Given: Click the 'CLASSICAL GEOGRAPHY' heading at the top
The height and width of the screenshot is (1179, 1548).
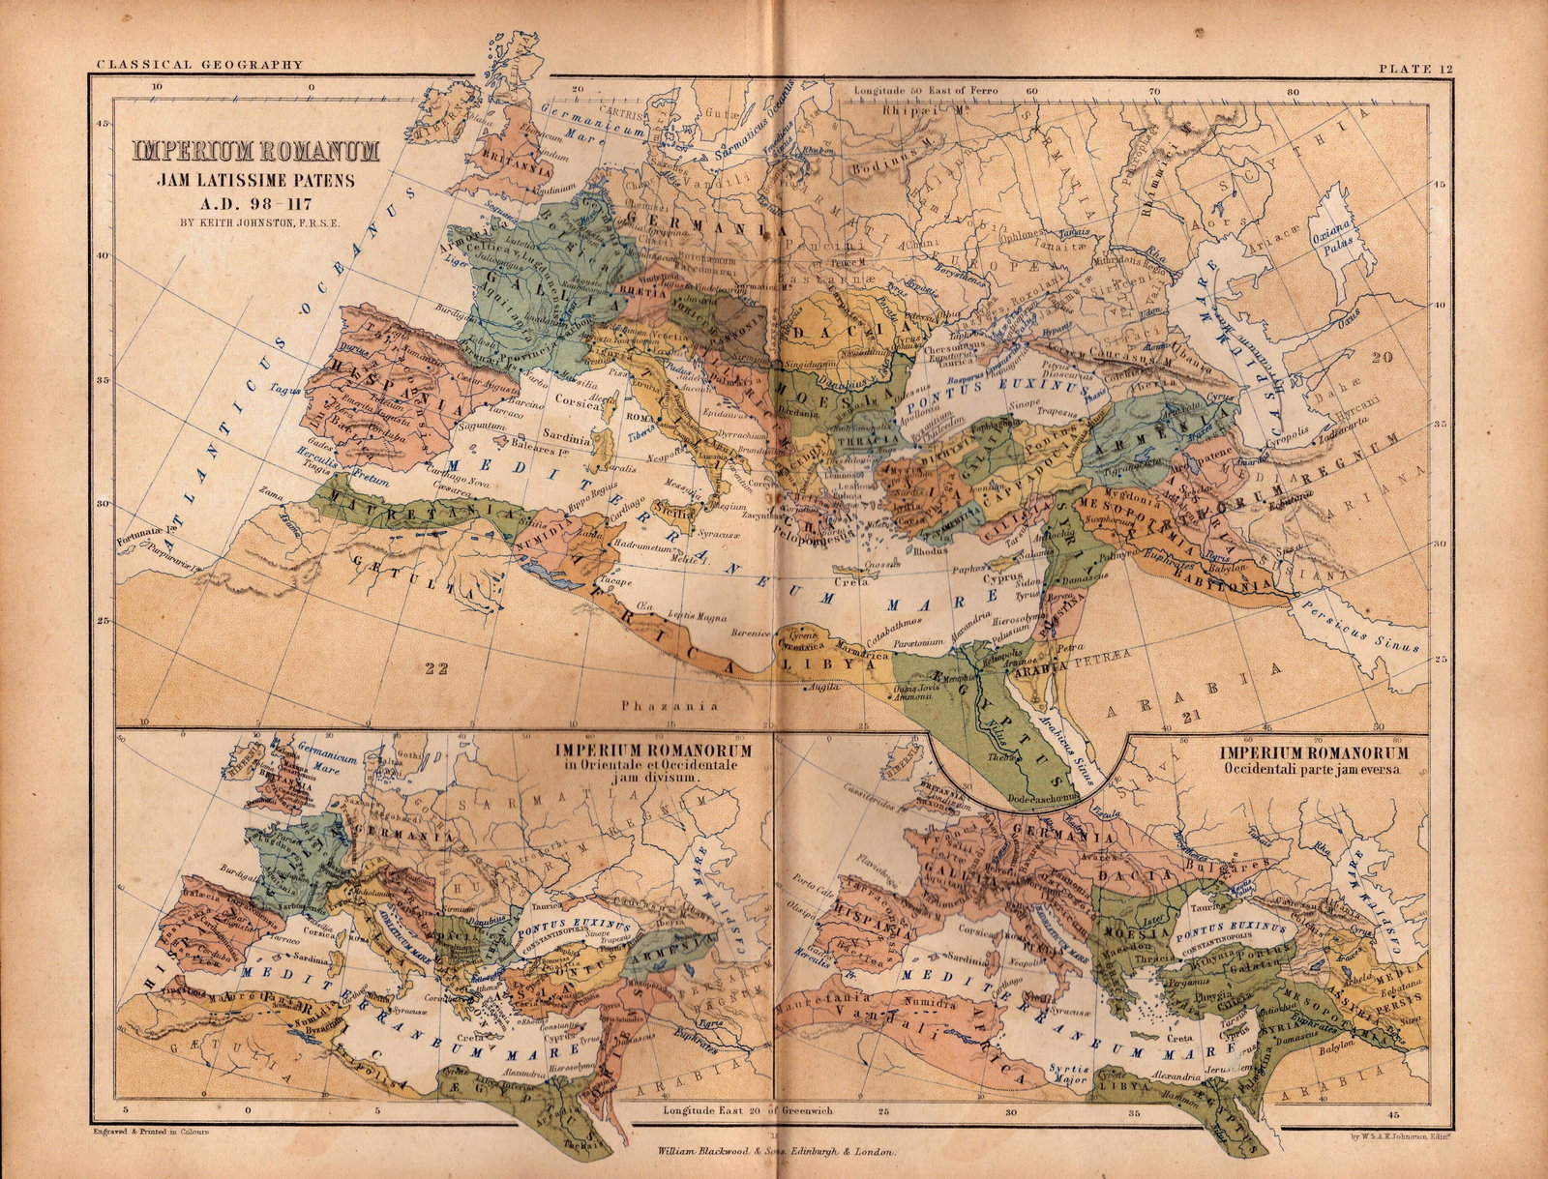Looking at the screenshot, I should pyautogui.click(x=199, y=65).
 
